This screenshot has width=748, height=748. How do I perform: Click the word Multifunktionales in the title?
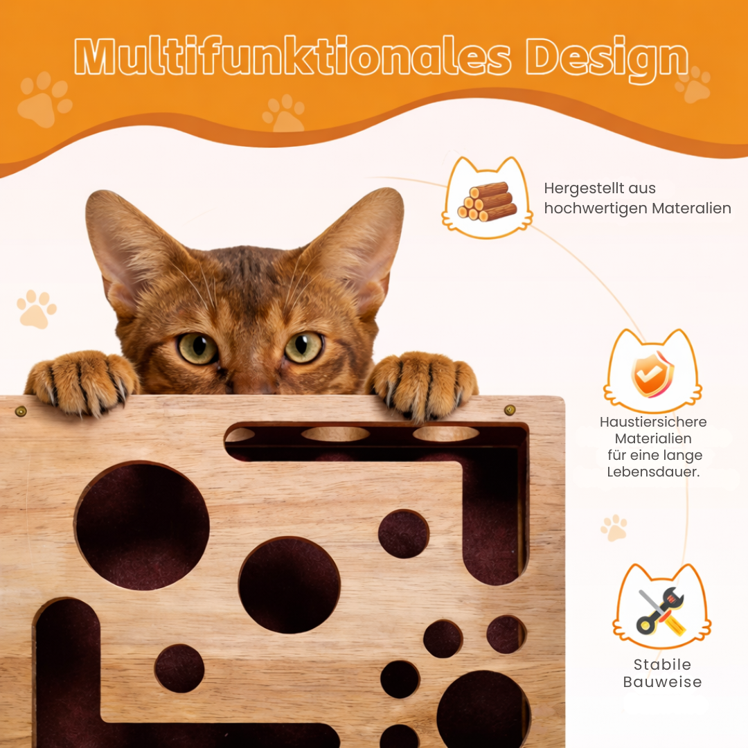(x=292, y=57)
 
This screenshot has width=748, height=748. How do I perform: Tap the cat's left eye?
(x=197, y=348)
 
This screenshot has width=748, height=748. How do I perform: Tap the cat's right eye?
(x=303, y=347)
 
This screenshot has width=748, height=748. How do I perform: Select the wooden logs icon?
(x=487, y=202)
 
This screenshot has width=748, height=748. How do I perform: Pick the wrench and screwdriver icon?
(x=661, y=612)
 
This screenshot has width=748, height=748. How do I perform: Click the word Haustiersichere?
(x=653, y=422)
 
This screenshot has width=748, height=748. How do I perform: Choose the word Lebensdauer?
(x=653, y=472)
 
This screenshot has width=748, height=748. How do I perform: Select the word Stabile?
(x=662, y=664)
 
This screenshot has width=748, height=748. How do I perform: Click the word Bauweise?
(x=662, y=682)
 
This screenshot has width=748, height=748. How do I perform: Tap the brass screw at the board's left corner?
(x=21, y=411)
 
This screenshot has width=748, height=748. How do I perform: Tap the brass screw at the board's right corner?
(x=510, y=410)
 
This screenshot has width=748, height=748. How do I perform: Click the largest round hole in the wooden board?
(x=142, y=526)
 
